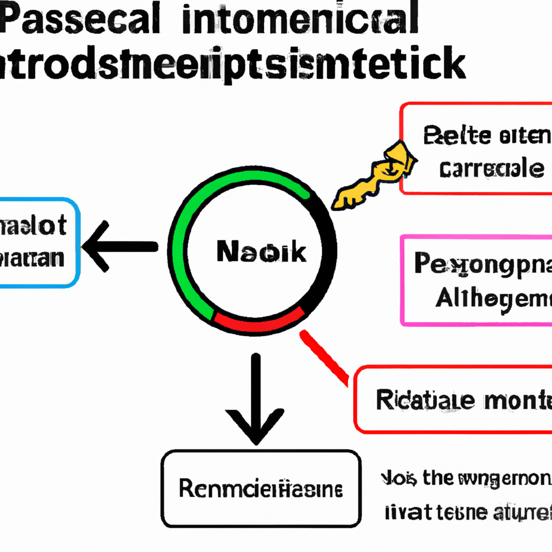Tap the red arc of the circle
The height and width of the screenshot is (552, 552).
click(259, 322)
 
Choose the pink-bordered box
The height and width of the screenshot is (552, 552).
click(477, 280)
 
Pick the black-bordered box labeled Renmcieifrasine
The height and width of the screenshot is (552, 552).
click(261, 489)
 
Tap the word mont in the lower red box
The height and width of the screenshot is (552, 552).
click(517, 400)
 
